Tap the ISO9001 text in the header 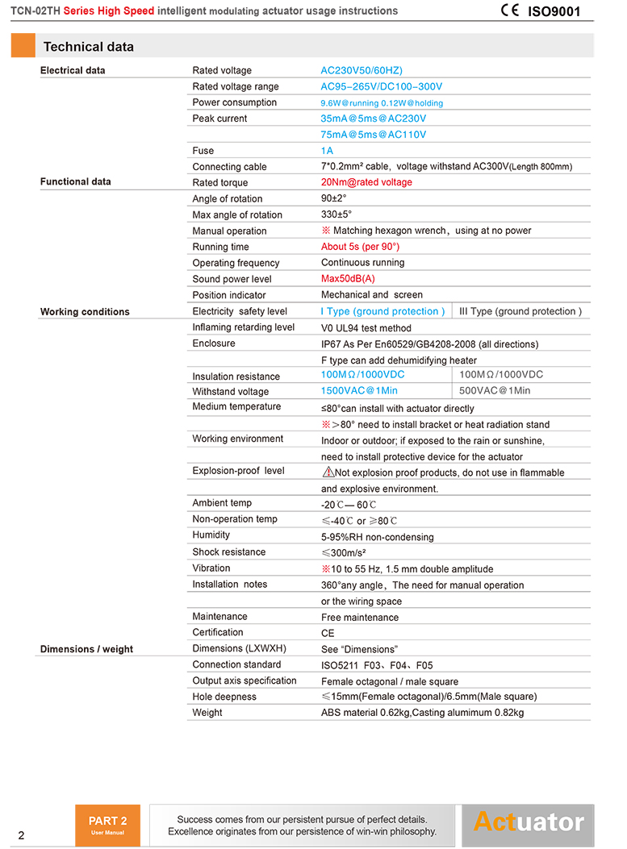coord(554,12)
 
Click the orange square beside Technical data coord(23,46)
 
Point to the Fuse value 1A coord(327,151)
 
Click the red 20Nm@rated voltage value coord(366,182)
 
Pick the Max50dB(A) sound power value coord(348,279)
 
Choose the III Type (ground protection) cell coord(520,311)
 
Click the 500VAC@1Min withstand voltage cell coord(495,391)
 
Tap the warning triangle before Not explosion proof coord(328,472)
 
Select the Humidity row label coord(211,535)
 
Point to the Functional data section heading coord(76,182)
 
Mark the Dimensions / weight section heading coord(86,649)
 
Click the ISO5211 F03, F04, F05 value coord(377,666)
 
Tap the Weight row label coord(207,713)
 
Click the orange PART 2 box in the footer coord(107,825)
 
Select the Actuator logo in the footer coord(528,822)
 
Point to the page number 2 coord(21,835)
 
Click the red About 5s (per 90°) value coord(360,247)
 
